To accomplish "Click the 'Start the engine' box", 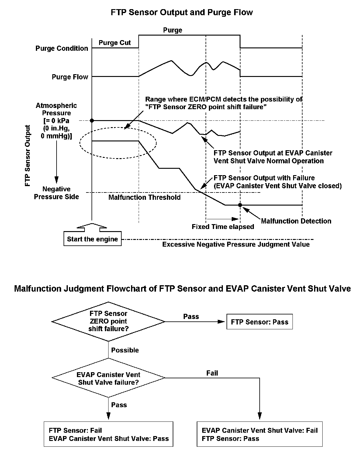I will coord(92,239).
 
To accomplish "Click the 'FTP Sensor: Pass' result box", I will coord(259,322).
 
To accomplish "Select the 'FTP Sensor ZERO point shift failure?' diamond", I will coord(108,321).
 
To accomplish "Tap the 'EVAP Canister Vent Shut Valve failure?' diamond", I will coord(108,378).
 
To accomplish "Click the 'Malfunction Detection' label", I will coord(296,221).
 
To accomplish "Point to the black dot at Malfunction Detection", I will coord(240,205).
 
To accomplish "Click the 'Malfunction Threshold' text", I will coord(144,197).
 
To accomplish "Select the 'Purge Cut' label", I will coord(115,43).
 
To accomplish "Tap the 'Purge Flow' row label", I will coord(70,77).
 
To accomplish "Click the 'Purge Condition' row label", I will coord(62,48).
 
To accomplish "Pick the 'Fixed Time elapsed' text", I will coord(223,227).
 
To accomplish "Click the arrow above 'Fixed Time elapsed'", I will coord(223,219).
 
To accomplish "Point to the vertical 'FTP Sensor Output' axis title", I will coord(28,155).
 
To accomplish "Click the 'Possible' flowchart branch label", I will coord(125,350).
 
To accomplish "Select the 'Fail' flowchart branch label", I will coord(212,373).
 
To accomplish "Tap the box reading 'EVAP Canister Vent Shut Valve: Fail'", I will coord(259,434).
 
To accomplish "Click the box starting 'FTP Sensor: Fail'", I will coord(108,434).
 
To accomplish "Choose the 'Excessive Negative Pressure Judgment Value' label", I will coord(236,244).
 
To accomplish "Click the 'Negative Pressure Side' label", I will coord(56,193).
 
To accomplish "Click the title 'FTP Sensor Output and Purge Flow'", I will coord(182,12).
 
